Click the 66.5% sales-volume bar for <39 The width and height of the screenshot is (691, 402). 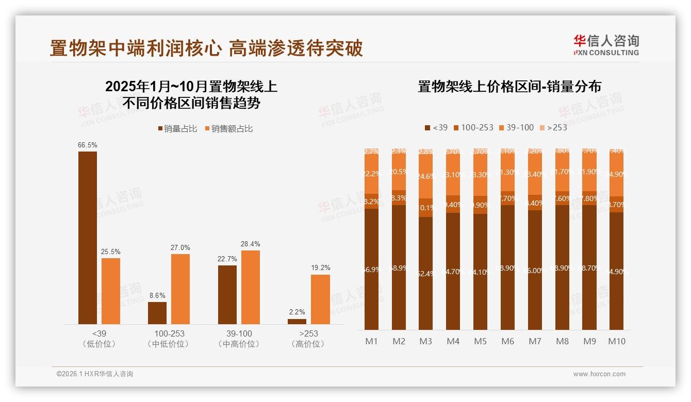click(88, 238)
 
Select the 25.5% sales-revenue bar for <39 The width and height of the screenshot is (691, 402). click(111, 291)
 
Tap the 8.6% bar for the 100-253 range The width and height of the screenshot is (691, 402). click(157, 313)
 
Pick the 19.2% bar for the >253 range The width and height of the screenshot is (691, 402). click(320, 299)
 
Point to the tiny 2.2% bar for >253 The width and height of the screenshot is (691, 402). click(297, 322)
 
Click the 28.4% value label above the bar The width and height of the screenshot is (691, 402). click(251, 244)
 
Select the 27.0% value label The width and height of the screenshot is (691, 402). click(180, 247)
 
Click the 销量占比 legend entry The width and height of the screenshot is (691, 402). click(177, 129)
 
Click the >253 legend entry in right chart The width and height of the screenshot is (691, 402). click(553, 127)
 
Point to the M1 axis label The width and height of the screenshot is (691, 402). click(371, 341)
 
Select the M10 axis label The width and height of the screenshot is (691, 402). click(617, 341)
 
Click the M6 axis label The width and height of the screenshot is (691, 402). click(507, 341)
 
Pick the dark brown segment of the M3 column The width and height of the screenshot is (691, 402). click(426, 273)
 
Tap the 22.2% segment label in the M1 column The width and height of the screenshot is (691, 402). click(371, 174)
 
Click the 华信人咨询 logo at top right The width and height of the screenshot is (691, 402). click(606, 45)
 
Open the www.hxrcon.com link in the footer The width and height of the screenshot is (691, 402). click(599, 374)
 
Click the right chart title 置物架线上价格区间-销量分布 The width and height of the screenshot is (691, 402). click(509, 87)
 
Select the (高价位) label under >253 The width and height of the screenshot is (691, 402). click(308, 344)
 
